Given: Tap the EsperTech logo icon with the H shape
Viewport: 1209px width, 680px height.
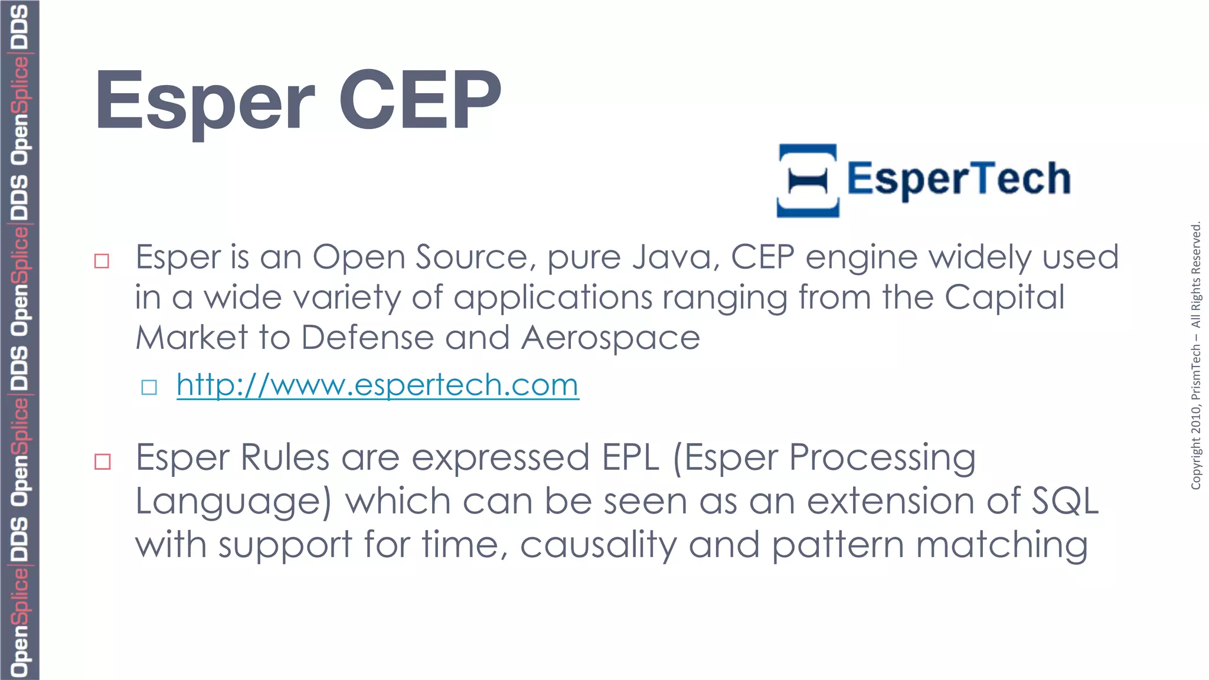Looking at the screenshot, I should tap(808, 181).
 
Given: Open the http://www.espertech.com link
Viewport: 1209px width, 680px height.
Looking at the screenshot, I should tap(377, 385).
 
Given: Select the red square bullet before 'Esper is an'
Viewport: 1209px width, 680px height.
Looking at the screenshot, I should tap(102, 261).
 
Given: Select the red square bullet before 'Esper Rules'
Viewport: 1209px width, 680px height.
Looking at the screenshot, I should tap(103, 461).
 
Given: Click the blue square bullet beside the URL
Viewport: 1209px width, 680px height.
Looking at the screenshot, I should tap(149, 387).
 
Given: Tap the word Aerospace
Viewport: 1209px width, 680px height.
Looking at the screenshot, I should tap(610, 338).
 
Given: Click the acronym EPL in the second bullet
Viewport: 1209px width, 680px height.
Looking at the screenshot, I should tap(630, 457).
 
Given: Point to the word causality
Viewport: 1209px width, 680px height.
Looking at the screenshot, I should tap(598, 545).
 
